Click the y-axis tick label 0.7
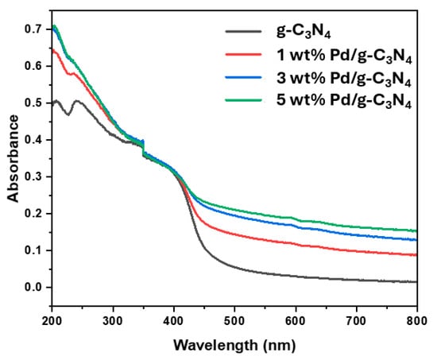click(33, 29)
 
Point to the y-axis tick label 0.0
click(33, 287)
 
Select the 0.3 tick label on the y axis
click(33, 176)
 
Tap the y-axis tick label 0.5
click(33, 103)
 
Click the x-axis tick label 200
click(52, 321)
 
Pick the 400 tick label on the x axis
click(174, 321)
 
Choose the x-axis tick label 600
click(296, 321)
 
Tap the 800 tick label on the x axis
click(417, 321)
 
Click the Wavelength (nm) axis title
click(234, 346)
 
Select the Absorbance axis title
click(13, 158)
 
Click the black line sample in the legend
click(243, 31)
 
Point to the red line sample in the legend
click(243, 55)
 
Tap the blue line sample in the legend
click(243, 78)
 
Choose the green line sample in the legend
click(243, 100)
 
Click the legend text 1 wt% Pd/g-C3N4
click(344, 56)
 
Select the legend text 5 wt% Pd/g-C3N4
click(344, 101)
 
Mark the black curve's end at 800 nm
click(416, 282)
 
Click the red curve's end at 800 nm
click(416, 254)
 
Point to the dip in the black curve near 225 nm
click(68, 114)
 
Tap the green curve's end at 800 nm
click(416, 231)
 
